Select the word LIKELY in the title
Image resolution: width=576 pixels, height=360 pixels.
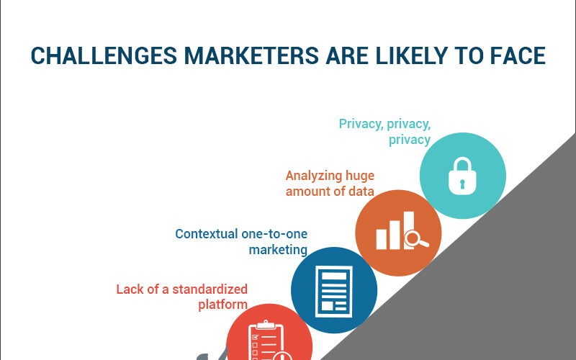click(x=411, y=56)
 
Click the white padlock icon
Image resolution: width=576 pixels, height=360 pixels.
click(x=462, y=176)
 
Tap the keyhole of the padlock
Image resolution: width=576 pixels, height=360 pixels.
click(x=462, y=184)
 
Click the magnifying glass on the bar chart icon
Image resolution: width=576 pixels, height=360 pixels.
click(x=415, y=240)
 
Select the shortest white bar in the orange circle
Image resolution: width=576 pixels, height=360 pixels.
click(x=382, y=239)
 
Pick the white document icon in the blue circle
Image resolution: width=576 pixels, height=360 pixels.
click(x=334, y=292)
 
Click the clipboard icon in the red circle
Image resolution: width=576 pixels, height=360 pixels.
click(x=266, y=341)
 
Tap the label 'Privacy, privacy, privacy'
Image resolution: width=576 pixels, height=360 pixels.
click(x=384, y=132)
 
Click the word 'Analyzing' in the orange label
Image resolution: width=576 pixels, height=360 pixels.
click(x=309, y=176)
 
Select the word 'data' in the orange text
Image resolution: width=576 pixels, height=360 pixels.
click(x=361, y=191)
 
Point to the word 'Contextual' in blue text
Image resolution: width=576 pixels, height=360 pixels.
click(x=207, y=234)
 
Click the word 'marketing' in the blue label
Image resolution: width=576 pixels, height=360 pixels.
click(x=278, y=250)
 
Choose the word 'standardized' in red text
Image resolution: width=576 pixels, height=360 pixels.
click(x=210, y=289)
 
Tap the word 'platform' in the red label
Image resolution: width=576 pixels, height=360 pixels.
click(x=222, y=305)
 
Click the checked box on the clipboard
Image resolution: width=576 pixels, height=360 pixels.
click(x=256, y=337)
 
